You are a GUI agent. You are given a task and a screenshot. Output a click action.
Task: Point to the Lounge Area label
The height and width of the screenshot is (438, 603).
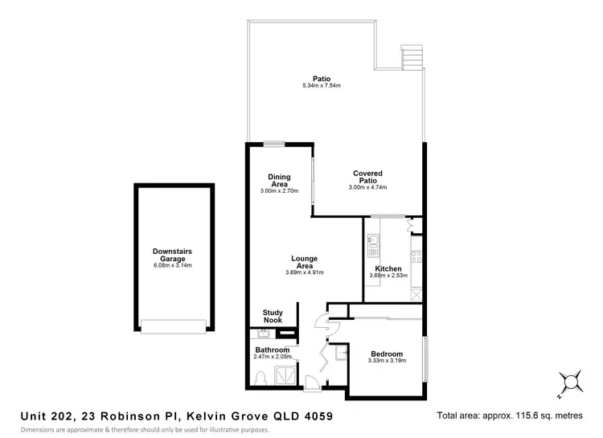(304, 262)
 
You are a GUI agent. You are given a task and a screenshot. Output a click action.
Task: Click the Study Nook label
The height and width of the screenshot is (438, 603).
(273, 317)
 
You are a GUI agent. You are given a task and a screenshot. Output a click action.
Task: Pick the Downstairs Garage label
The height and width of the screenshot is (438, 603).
(173, 255)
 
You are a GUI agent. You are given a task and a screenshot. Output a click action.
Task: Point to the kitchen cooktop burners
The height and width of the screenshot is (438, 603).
(416, 257)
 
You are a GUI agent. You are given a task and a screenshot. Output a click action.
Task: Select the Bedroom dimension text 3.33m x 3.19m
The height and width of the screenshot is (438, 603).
(386, 362)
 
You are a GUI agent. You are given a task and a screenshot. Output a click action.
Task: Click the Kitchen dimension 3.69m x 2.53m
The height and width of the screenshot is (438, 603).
(388, 276)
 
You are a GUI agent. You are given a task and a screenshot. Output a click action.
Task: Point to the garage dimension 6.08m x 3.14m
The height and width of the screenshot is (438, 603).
(173, 265)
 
